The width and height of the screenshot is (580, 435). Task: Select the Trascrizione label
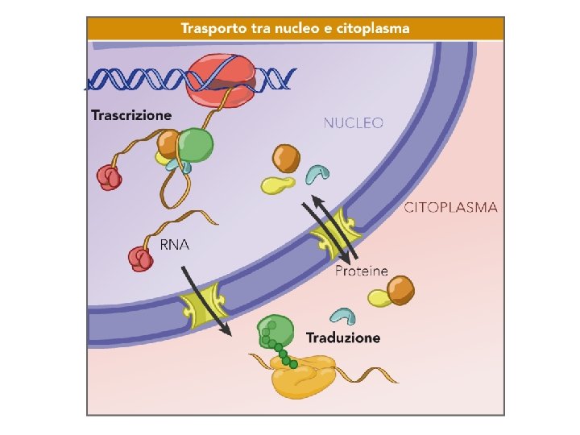click(131, 115)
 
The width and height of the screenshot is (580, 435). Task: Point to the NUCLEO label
click(353, 123)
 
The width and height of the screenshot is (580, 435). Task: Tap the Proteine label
click(362, 271)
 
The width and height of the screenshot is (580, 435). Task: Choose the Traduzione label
click(343, 338)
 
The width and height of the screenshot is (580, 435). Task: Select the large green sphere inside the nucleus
click(196, 146)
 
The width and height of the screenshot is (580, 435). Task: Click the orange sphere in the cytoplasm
click(401, 288)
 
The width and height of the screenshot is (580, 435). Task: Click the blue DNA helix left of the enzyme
click(137, 80)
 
